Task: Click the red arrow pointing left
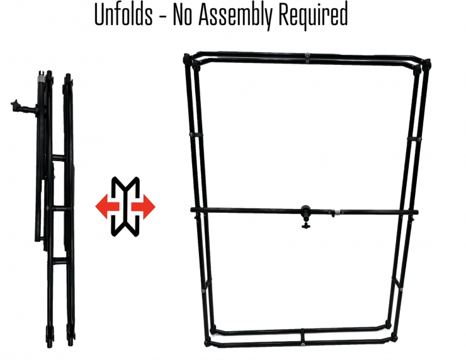point(105,206)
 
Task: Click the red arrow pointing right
point(145,206)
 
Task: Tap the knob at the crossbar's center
point(306,213)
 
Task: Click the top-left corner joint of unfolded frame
point(186,59)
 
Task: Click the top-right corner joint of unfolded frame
point(426,63)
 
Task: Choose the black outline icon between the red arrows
point(125,206)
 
